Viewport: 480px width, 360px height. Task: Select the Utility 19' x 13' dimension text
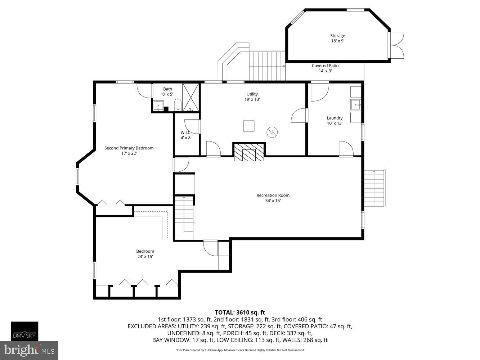252,99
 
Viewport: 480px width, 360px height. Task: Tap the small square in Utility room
249,126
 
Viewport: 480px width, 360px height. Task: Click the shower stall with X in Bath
191,98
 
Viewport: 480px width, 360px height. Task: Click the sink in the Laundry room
356,105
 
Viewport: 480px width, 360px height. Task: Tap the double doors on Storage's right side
397,45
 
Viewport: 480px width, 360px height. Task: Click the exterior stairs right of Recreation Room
374,188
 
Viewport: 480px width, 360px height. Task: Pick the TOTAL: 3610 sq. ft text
240,312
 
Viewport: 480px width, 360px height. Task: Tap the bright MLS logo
29,350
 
